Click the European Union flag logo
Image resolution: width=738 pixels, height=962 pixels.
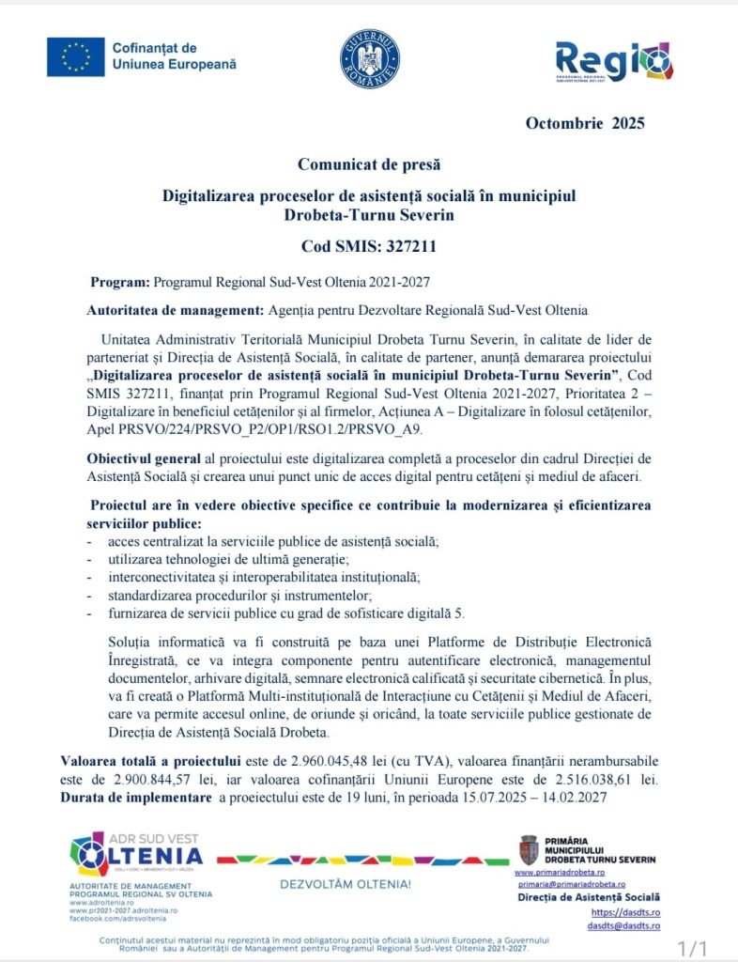coord(76,57)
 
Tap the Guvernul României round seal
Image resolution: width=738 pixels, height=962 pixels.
coord(369,58)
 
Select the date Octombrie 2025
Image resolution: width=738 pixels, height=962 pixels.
coord(585,122)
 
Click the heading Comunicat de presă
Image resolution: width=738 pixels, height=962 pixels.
coord(369,164)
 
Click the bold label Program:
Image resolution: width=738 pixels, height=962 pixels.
coord(119,282)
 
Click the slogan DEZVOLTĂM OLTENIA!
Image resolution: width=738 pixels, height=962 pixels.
coord(345,884)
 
